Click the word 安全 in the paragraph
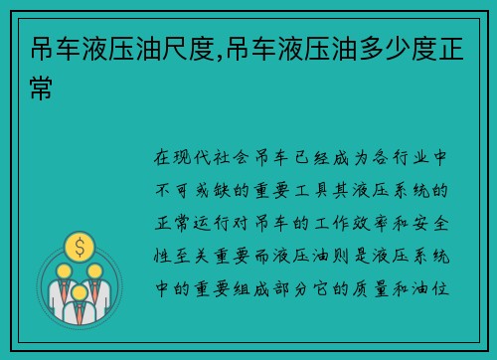click(438, 218)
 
